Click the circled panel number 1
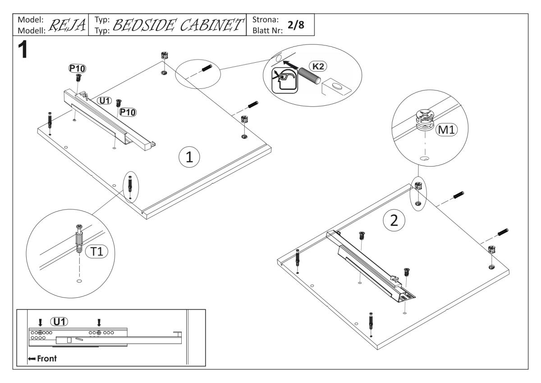[189, 157]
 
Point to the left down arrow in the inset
[41, 323]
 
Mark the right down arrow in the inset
[99, 323]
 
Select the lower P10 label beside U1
[128, 112]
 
